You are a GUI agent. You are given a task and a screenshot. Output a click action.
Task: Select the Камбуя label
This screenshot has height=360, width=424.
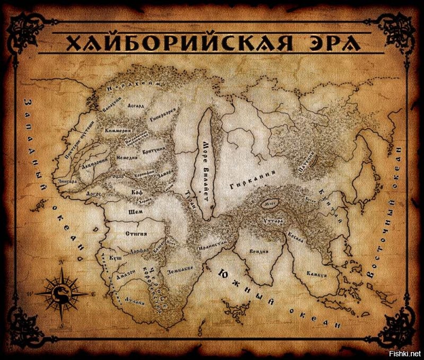pos(316,274)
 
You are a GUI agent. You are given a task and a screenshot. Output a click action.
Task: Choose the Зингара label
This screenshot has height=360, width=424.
pos(69,181)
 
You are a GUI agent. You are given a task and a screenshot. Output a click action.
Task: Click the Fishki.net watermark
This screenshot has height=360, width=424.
pos(407,354)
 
